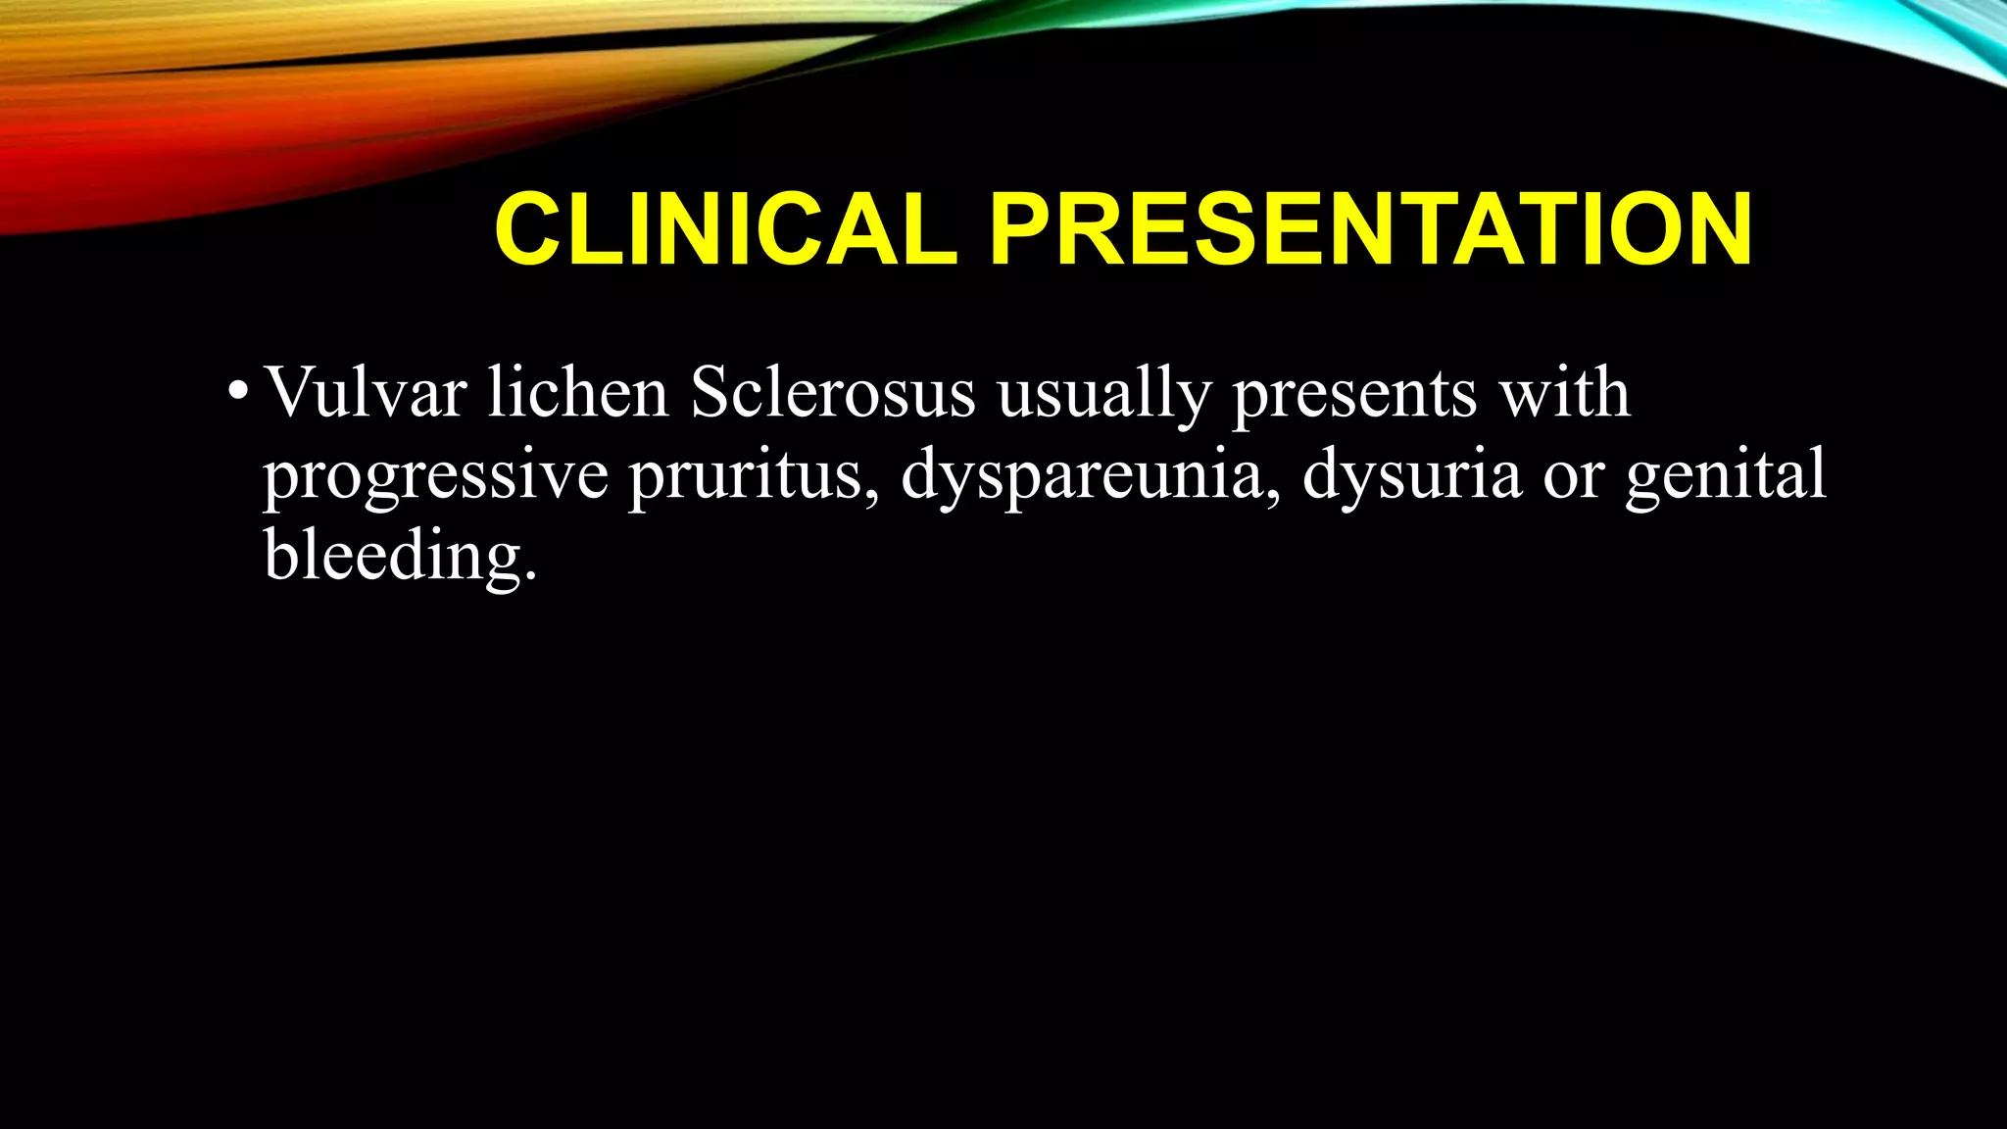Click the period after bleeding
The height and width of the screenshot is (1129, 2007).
pos(531,578)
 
